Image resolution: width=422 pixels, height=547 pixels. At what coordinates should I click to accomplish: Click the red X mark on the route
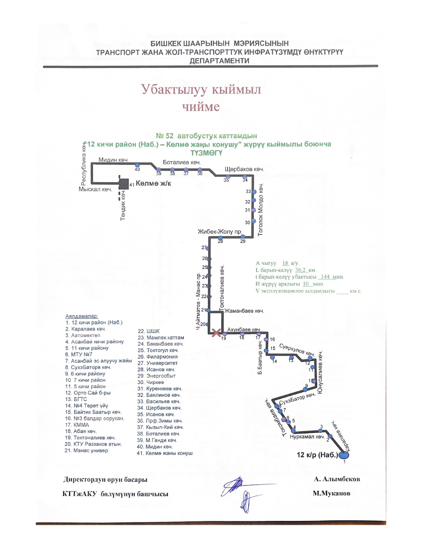(x=216, y=333)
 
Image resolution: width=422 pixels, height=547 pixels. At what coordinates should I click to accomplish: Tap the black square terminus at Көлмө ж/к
(x=124, y=184)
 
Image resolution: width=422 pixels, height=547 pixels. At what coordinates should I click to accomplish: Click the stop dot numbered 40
(x=137, y=165)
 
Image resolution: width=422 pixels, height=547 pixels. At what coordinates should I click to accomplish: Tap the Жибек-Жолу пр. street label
(x=220, y=231)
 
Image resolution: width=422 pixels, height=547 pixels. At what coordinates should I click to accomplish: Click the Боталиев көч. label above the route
(x=182, y=162)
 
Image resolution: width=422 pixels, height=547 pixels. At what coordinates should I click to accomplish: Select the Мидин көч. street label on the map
(x=113, y=160)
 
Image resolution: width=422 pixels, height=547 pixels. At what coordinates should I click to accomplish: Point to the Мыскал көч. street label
(x=95, y=189)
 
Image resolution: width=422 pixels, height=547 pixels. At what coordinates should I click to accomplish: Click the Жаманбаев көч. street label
(x=244, y=311)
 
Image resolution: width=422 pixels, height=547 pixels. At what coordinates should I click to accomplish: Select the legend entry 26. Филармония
(x=158, y=357)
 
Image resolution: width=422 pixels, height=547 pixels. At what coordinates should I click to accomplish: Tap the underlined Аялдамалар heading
(x=82, y=316)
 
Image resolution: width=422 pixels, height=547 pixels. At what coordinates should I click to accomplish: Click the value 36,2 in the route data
(x=300, y=270)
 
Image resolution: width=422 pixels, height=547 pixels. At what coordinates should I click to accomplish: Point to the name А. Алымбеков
(x=337, y=479)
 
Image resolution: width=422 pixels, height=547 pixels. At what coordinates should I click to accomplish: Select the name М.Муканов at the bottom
(x=331, y=493)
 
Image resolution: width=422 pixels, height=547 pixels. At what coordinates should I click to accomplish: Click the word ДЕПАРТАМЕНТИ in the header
(x=219, y=61)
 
